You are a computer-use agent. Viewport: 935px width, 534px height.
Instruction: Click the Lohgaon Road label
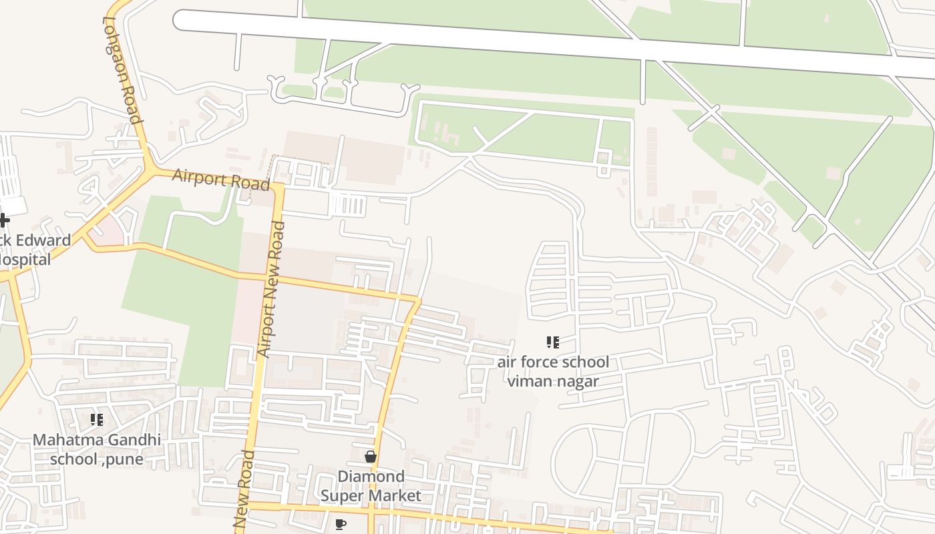(x=122, y=70)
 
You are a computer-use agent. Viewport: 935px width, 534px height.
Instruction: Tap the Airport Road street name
(x=221, y=180)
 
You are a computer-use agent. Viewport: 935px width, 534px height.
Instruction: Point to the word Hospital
(x=25, y=260)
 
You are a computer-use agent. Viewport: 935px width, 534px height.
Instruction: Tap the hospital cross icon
(x=4, y=220)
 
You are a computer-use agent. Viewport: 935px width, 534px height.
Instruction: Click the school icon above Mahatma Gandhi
(x=97, y=420)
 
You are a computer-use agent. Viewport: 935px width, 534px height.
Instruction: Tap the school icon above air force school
(x=552, y=342)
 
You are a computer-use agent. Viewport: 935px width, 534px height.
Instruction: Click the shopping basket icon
(x=371, y=457)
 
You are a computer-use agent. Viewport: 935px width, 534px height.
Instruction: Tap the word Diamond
(x=371, y=476)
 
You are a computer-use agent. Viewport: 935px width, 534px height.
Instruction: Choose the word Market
(x=395, y=495)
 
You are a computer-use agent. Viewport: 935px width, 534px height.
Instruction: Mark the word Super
(x=343, y=495)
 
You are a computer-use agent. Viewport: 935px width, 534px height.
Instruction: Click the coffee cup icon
(x=341, y=524)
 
